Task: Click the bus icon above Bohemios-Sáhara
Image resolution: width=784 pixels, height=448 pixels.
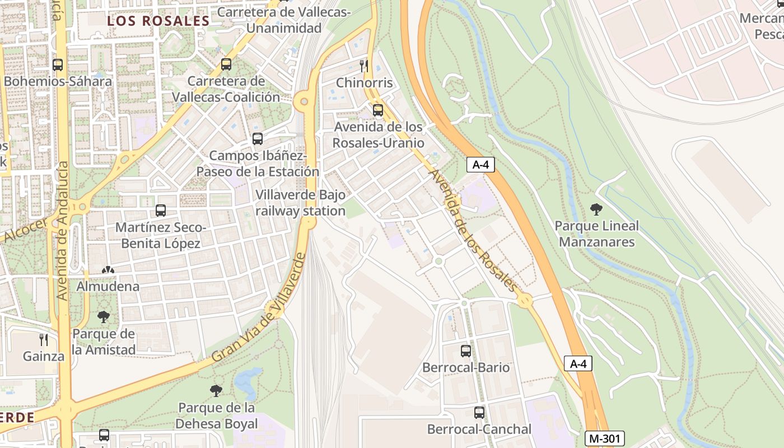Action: (x=58, y=65)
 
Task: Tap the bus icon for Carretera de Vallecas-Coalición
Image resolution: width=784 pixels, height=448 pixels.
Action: (x=226, y=64)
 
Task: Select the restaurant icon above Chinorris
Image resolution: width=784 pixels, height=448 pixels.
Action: (x=364, y=66)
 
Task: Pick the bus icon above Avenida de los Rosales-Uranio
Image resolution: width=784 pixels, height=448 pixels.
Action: (x=378, y=110)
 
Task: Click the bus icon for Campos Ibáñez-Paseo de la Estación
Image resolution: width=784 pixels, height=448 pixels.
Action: (x=258, y=139)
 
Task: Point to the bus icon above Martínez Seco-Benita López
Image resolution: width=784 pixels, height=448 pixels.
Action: (x=161, y=211)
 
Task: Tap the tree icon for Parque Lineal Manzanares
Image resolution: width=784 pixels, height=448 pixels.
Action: (x=596, y=209)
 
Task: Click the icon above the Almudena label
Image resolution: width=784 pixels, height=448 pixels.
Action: (x=108, y=270)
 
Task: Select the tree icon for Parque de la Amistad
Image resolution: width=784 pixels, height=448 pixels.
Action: (x=104, y=318)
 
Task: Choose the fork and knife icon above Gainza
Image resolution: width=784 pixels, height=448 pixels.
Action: (x=44, y=339)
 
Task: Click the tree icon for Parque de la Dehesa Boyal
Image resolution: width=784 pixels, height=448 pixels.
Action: (x=216, y=391)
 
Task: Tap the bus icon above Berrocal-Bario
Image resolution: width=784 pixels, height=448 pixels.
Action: (x=466, y=351)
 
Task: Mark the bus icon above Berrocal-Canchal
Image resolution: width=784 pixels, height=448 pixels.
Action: (x=479, y=413)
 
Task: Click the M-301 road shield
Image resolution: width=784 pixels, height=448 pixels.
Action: (x=604, y=439)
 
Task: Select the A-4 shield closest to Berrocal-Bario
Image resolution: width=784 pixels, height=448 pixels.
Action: (x=578, y=364)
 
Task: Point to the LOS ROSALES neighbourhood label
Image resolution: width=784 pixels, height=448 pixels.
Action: (x=158, y=21)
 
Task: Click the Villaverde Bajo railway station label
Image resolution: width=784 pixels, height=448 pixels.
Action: (x=300, y=203)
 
